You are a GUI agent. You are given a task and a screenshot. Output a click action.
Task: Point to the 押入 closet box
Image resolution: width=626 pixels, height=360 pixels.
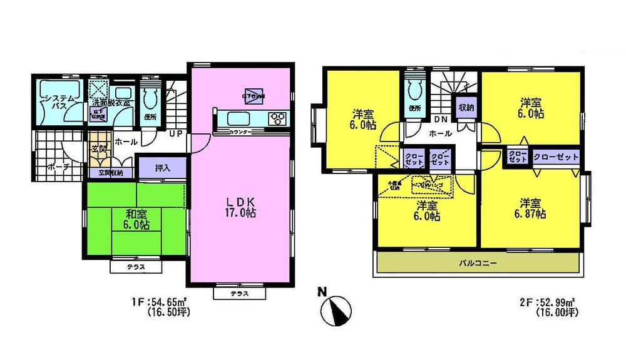coord(162,168)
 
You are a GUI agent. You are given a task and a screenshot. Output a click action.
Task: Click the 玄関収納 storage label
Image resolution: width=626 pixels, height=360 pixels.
coord(111,173)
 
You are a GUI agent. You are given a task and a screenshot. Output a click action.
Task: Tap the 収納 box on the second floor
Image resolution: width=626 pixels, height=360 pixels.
coord(466,106)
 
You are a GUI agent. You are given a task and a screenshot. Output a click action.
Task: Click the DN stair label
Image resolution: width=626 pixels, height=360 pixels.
coord(440,120)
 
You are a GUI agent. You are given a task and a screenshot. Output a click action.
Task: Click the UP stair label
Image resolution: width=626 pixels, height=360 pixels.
coord(177,133)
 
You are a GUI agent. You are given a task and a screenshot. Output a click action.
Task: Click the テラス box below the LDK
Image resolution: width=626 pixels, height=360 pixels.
coord(236,293)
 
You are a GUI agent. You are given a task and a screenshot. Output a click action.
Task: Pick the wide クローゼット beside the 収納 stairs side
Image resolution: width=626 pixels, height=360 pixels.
coord(556,157)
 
